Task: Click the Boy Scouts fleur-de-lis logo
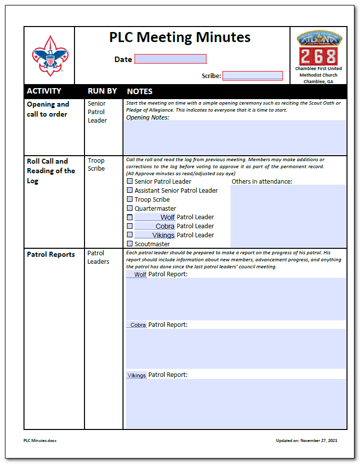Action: pos(50,55)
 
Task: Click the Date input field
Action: pos(170,59)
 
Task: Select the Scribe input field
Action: pos(252,76)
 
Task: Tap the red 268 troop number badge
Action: pos(318,56)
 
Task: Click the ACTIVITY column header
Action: pos(44,91)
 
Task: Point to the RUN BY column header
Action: pos(102,91)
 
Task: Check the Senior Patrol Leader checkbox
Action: pos(130,181)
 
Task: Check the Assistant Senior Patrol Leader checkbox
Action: pos(130,190)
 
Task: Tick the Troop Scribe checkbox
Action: pos(130,199)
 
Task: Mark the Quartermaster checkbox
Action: pos(130,208)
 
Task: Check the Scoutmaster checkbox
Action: pos(130,244)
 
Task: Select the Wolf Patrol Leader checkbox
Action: pos(130,217)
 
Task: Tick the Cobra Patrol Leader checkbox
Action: pos(130,226)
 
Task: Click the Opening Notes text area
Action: pos(234,138)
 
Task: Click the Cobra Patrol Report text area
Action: pos(235,348)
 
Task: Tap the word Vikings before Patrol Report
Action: pos(136,375)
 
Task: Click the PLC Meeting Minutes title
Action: pos(180,38)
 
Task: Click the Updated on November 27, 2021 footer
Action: pos(306,440)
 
